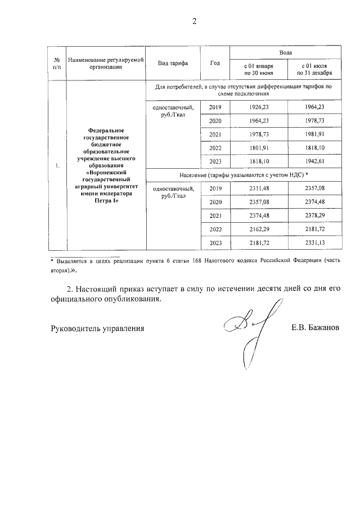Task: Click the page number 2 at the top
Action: pyautogui.click(x=194, y=22)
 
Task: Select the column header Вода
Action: pyautogui.click(x=285, y=51)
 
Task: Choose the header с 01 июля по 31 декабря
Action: pyautogui.click(x=314, y=69)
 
